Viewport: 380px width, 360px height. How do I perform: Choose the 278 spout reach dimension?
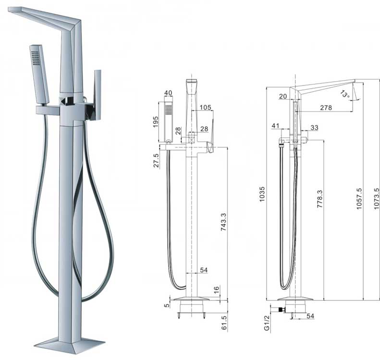326,108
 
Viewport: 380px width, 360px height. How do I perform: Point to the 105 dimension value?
205,107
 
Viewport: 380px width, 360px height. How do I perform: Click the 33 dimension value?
315,128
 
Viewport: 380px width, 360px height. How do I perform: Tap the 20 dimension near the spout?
282,96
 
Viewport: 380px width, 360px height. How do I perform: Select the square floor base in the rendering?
70,343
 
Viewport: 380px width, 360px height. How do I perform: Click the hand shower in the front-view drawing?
168,120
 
